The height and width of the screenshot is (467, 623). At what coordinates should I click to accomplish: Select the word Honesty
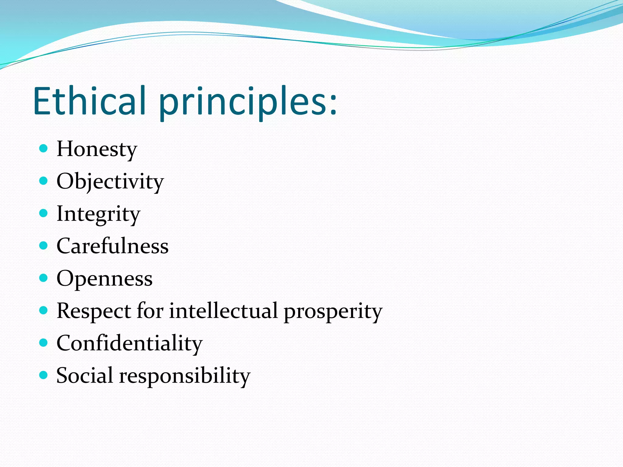tap(97, 149)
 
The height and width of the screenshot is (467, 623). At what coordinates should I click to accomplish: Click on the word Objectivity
tap(110, 182)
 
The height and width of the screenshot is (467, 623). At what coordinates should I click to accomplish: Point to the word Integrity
tap(98, 214)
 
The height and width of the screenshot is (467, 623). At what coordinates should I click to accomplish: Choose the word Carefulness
tap(112, 246)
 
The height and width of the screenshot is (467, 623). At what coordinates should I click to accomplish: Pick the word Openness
tap(104, 278)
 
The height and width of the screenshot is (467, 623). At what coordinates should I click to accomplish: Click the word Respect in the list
tap(94, 311)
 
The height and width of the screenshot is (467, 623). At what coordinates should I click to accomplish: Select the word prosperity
tap(333, 311)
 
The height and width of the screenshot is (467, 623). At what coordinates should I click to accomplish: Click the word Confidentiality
tap(129, 343)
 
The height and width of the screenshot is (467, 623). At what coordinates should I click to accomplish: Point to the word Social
tap(85, 375)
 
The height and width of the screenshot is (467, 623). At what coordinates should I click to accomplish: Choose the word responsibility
tap(185, 376)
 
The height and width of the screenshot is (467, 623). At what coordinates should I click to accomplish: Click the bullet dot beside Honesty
tap(44, 148)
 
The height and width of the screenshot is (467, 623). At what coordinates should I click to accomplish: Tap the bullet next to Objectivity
tap(44, 181)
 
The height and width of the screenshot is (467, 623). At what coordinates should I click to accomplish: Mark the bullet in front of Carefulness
tap(44, 245)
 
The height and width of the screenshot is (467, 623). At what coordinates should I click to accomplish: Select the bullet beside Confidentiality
tap(44, 343)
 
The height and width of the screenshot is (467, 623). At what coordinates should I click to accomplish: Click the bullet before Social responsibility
tap(44, 375)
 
